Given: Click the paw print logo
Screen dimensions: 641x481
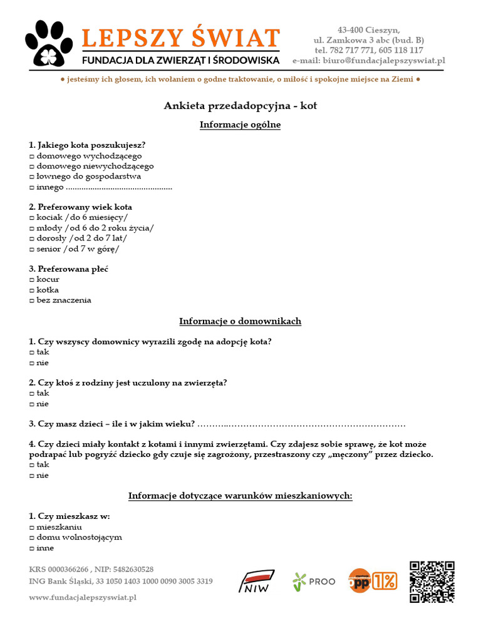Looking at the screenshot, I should pyautogui.click(x=49, y=44).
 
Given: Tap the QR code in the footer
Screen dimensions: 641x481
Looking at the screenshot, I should pyautogui.click(x=432, y=582).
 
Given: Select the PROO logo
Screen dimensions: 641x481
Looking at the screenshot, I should pyautogui.click(x=314, y=582).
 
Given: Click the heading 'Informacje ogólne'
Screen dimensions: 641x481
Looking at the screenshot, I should pyautogui.click(x=240, y=125).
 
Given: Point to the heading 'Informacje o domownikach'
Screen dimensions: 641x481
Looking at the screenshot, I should pyautogui.click(x=240, y=321).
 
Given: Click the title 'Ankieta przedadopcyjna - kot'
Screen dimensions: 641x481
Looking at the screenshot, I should pyautogui.click(x=240, y=106).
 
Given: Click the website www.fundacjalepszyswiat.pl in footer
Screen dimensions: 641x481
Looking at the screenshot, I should pyautogui.click(x=83, y=598).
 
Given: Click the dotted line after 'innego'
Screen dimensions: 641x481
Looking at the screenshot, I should pyautogui.click(x=119, y=187).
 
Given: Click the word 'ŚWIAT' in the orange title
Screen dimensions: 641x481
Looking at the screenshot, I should pyautogui.click(x=235, y=38).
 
